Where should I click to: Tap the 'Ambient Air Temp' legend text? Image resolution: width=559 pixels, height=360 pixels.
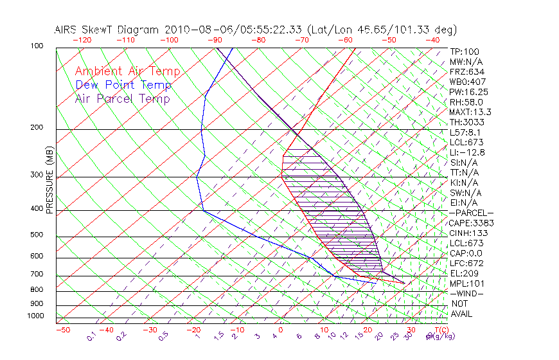[x=127, y=71]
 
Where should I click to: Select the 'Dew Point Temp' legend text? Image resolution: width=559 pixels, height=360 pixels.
[x=123, y=85]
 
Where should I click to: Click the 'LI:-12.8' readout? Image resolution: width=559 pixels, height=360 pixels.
[x=467, y=152]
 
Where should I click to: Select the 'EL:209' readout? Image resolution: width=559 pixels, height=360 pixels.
[x=463, y=273]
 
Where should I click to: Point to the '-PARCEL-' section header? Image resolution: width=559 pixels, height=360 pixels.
[x=471, y=213]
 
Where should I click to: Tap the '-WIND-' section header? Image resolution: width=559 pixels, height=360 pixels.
[x=467, y=293]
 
